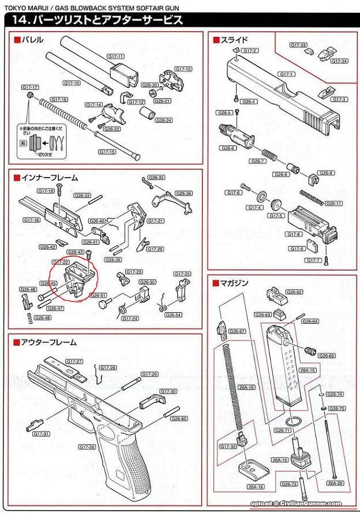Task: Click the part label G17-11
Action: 115,57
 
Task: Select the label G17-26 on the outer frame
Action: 88,447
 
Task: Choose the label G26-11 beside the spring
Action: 333,203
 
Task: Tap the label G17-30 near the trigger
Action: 168,391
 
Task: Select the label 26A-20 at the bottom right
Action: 335,483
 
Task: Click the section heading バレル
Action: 32,40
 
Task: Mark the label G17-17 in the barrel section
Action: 31,87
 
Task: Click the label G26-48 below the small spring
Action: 42,317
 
